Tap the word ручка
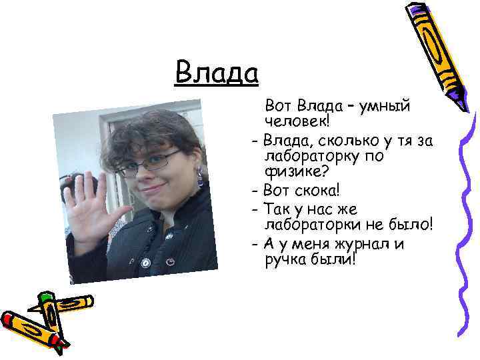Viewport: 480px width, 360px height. pyautogui.click(x=287, y=260)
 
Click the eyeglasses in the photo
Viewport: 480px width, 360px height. pyautogui.click(x=151, y=161)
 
